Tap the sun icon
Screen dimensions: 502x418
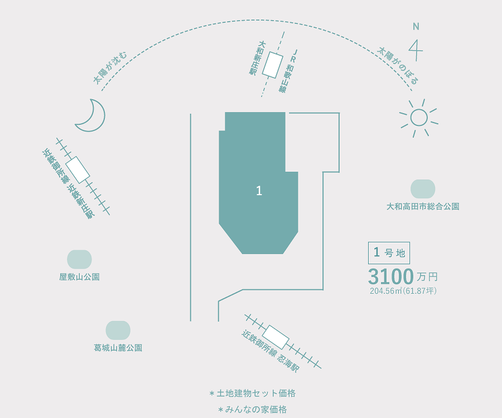419,118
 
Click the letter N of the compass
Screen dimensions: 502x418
416,27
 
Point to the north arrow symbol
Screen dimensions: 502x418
416,50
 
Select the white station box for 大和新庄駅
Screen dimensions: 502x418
272,65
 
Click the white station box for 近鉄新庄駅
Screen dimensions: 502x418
78,170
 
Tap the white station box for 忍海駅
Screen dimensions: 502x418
277,337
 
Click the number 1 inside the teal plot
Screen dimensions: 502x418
259,191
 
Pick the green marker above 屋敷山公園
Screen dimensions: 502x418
79,259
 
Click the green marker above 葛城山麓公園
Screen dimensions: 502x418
118,330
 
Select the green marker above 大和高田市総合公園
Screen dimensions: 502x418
423,189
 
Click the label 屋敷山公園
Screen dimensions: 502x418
79,277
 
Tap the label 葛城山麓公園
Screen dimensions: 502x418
118,348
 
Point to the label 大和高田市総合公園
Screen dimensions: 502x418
423,207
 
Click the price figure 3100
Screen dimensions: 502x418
391,276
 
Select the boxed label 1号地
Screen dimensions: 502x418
389,253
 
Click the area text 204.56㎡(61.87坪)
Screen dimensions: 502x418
403,291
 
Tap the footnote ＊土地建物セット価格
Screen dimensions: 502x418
252,393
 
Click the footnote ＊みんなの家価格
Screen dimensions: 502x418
252,410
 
